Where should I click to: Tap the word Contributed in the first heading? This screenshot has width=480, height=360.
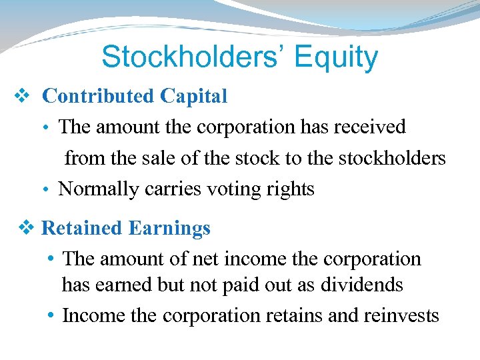(x=97, y=96)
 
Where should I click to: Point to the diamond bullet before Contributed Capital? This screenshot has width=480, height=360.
(x=21, y=97)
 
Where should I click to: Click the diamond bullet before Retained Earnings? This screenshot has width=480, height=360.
(x=26, y=228)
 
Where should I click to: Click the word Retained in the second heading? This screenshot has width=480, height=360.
(x=81, y=228)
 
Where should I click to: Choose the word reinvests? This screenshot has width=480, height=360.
(x=401, y=315)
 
